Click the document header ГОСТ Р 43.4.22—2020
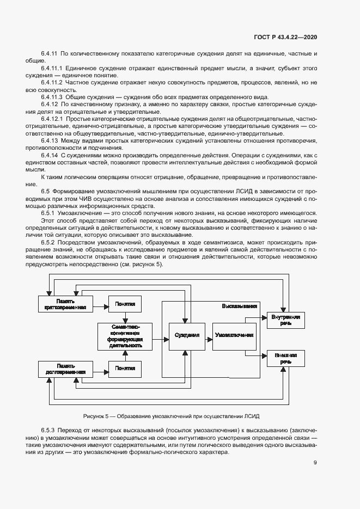[x=285, y=37]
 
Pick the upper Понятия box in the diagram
[x=125, y=304]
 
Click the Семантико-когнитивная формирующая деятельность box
[x=125, y=336]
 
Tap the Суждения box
[x=184, y=335]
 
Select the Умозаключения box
[x=234, y=335]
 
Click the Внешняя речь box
[x=283, y=357]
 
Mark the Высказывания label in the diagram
[x=239, y=306]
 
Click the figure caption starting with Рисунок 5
[x=171, y=416]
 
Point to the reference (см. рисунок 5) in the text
[x=138, y=264]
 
